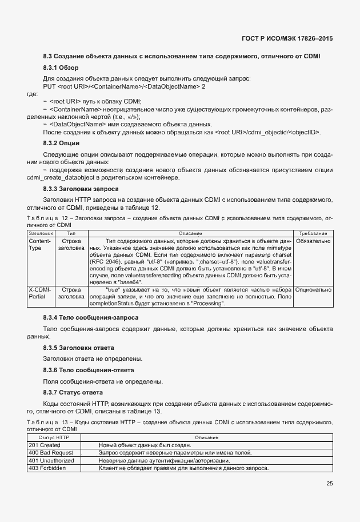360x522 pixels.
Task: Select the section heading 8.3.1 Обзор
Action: pos(61,68)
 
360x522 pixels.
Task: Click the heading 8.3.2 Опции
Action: pos(61,143)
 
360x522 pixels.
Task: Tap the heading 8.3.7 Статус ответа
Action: pos(73,392)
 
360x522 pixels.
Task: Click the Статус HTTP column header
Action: pos(54,437)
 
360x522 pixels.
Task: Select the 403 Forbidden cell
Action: pos(47,468)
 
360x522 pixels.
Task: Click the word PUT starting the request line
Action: pos(50,86)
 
